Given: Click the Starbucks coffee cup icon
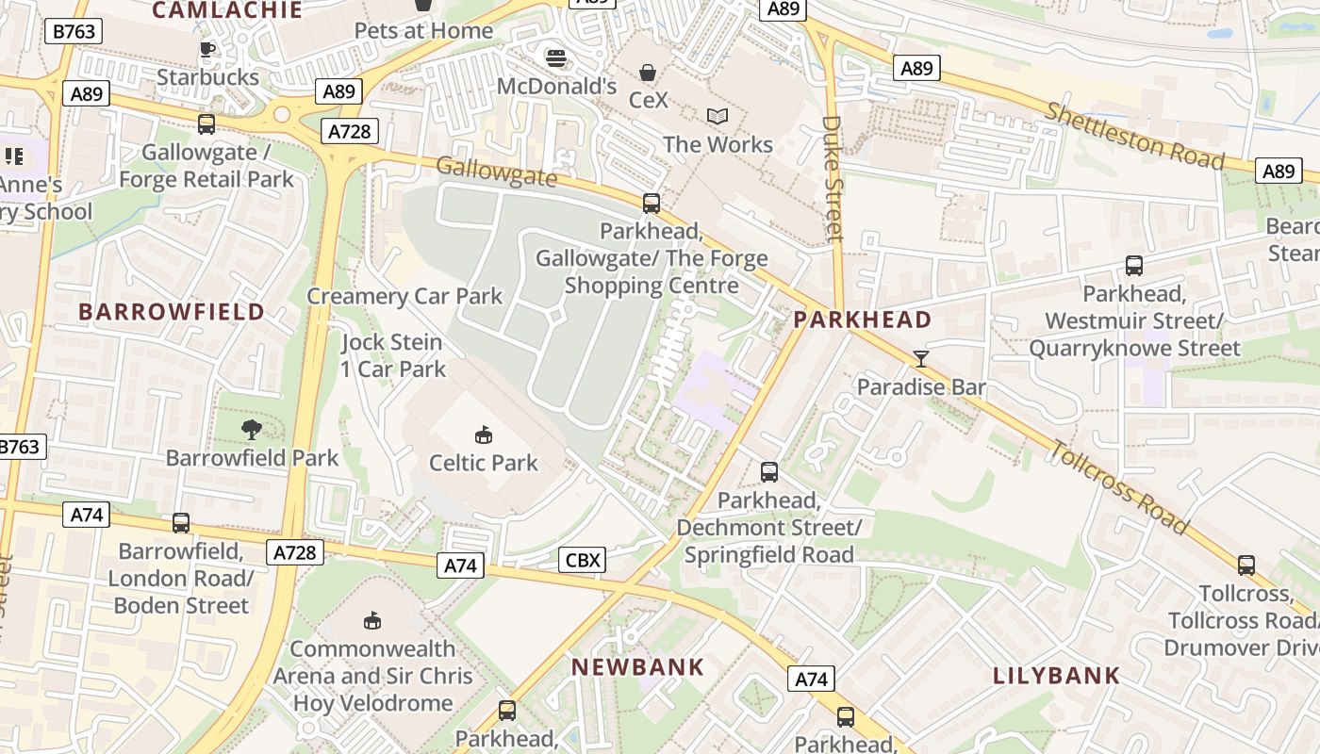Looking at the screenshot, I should pos(207,49).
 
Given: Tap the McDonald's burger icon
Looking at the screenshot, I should pos(556,58).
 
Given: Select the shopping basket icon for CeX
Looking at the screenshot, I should pos(648,72).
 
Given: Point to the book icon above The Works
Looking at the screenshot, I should pos(718,116).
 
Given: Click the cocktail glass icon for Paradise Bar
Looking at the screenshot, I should pos(920,358).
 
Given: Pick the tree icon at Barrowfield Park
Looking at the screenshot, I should pos(252,430).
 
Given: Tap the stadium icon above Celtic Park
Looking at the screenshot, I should pos(483,434).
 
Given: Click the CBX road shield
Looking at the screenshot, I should pos(582,561).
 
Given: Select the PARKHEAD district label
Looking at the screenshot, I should pos(862,320).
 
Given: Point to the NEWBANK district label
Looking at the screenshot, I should pos(638,667).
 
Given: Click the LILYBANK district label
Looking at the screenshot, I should pos(1056,675).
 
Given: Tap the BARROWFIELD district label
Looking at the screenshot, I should pos(172,312).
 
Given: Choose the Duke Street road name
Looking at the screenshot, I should pos(833,178).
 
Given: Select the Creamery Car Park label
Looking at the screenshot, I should pos(404,296).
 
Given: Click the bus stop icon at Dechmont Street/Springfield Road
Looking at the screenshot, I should pos(769,471).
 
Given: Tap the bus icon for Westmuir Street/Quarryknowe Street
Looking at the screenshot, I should pos(1133,266).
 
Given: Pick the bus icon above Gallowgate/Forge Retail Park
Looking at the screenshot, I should pos(206,123).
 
